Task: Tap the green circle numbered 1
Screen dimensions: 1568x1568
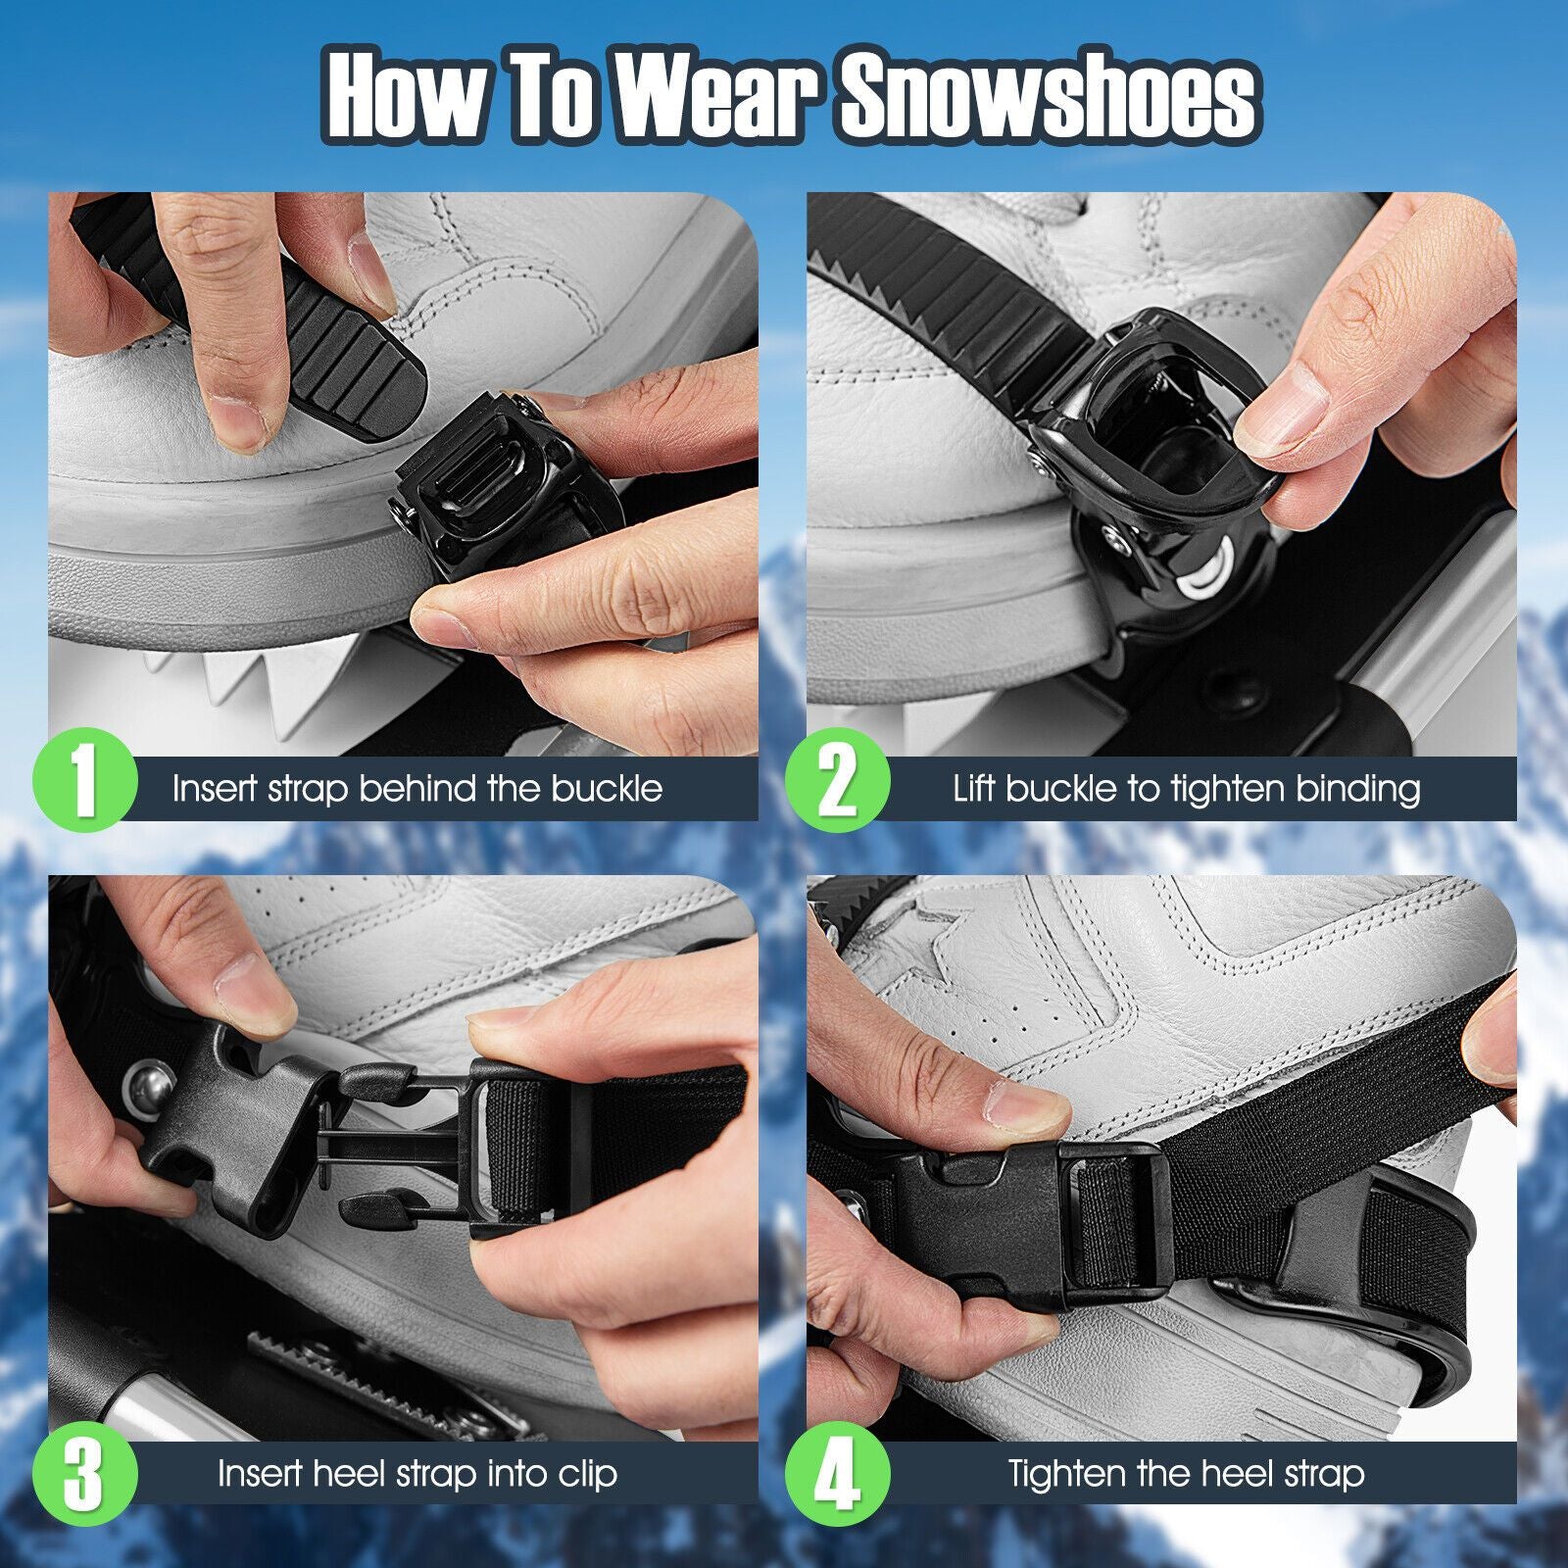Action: point(84,784)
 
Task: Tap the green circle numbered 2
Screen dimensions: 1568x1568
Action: point(837,784)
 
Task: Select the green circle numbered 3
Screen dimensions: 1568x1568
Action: point(84,1473)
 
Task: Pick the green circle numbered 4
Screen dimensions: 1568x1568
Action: point(837,1473)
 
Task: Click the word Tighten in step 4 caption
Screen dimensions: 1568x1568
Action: point(1066,1474)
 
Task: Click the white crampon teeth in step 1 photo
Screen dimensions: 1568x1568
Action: point(235,676)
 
